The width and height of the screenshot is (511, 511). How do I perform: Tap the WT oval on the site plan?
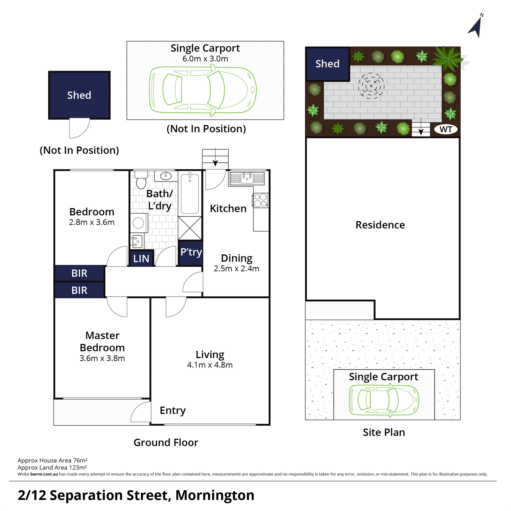point(446,130)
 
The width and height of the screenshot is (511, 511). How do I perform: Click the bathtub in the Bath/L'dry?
point(190,194)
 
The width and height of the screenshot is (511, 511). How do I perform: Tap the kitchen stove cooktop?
point(261,200)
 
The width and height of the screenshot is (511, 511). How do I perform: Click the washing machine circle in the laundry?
point(138,223)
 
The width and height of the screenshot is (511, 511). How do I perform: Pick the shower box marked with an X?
point(190,228)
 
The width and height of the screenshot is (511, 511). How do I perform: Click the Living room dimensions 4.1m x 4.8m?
point(210,365)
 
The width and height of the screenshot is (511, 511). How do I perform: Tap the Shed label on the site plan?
point(327,64)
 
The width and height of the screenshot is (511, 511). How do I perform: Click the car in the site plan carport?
point(384,400)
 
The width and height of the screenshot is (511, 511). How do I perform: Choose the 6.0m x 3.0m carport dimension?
point(205,59)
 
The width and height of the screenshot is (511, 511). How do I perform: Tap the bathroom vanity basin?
point(166,176)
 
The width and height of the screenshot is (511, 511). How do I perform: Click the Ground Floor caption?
point(166,443)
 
